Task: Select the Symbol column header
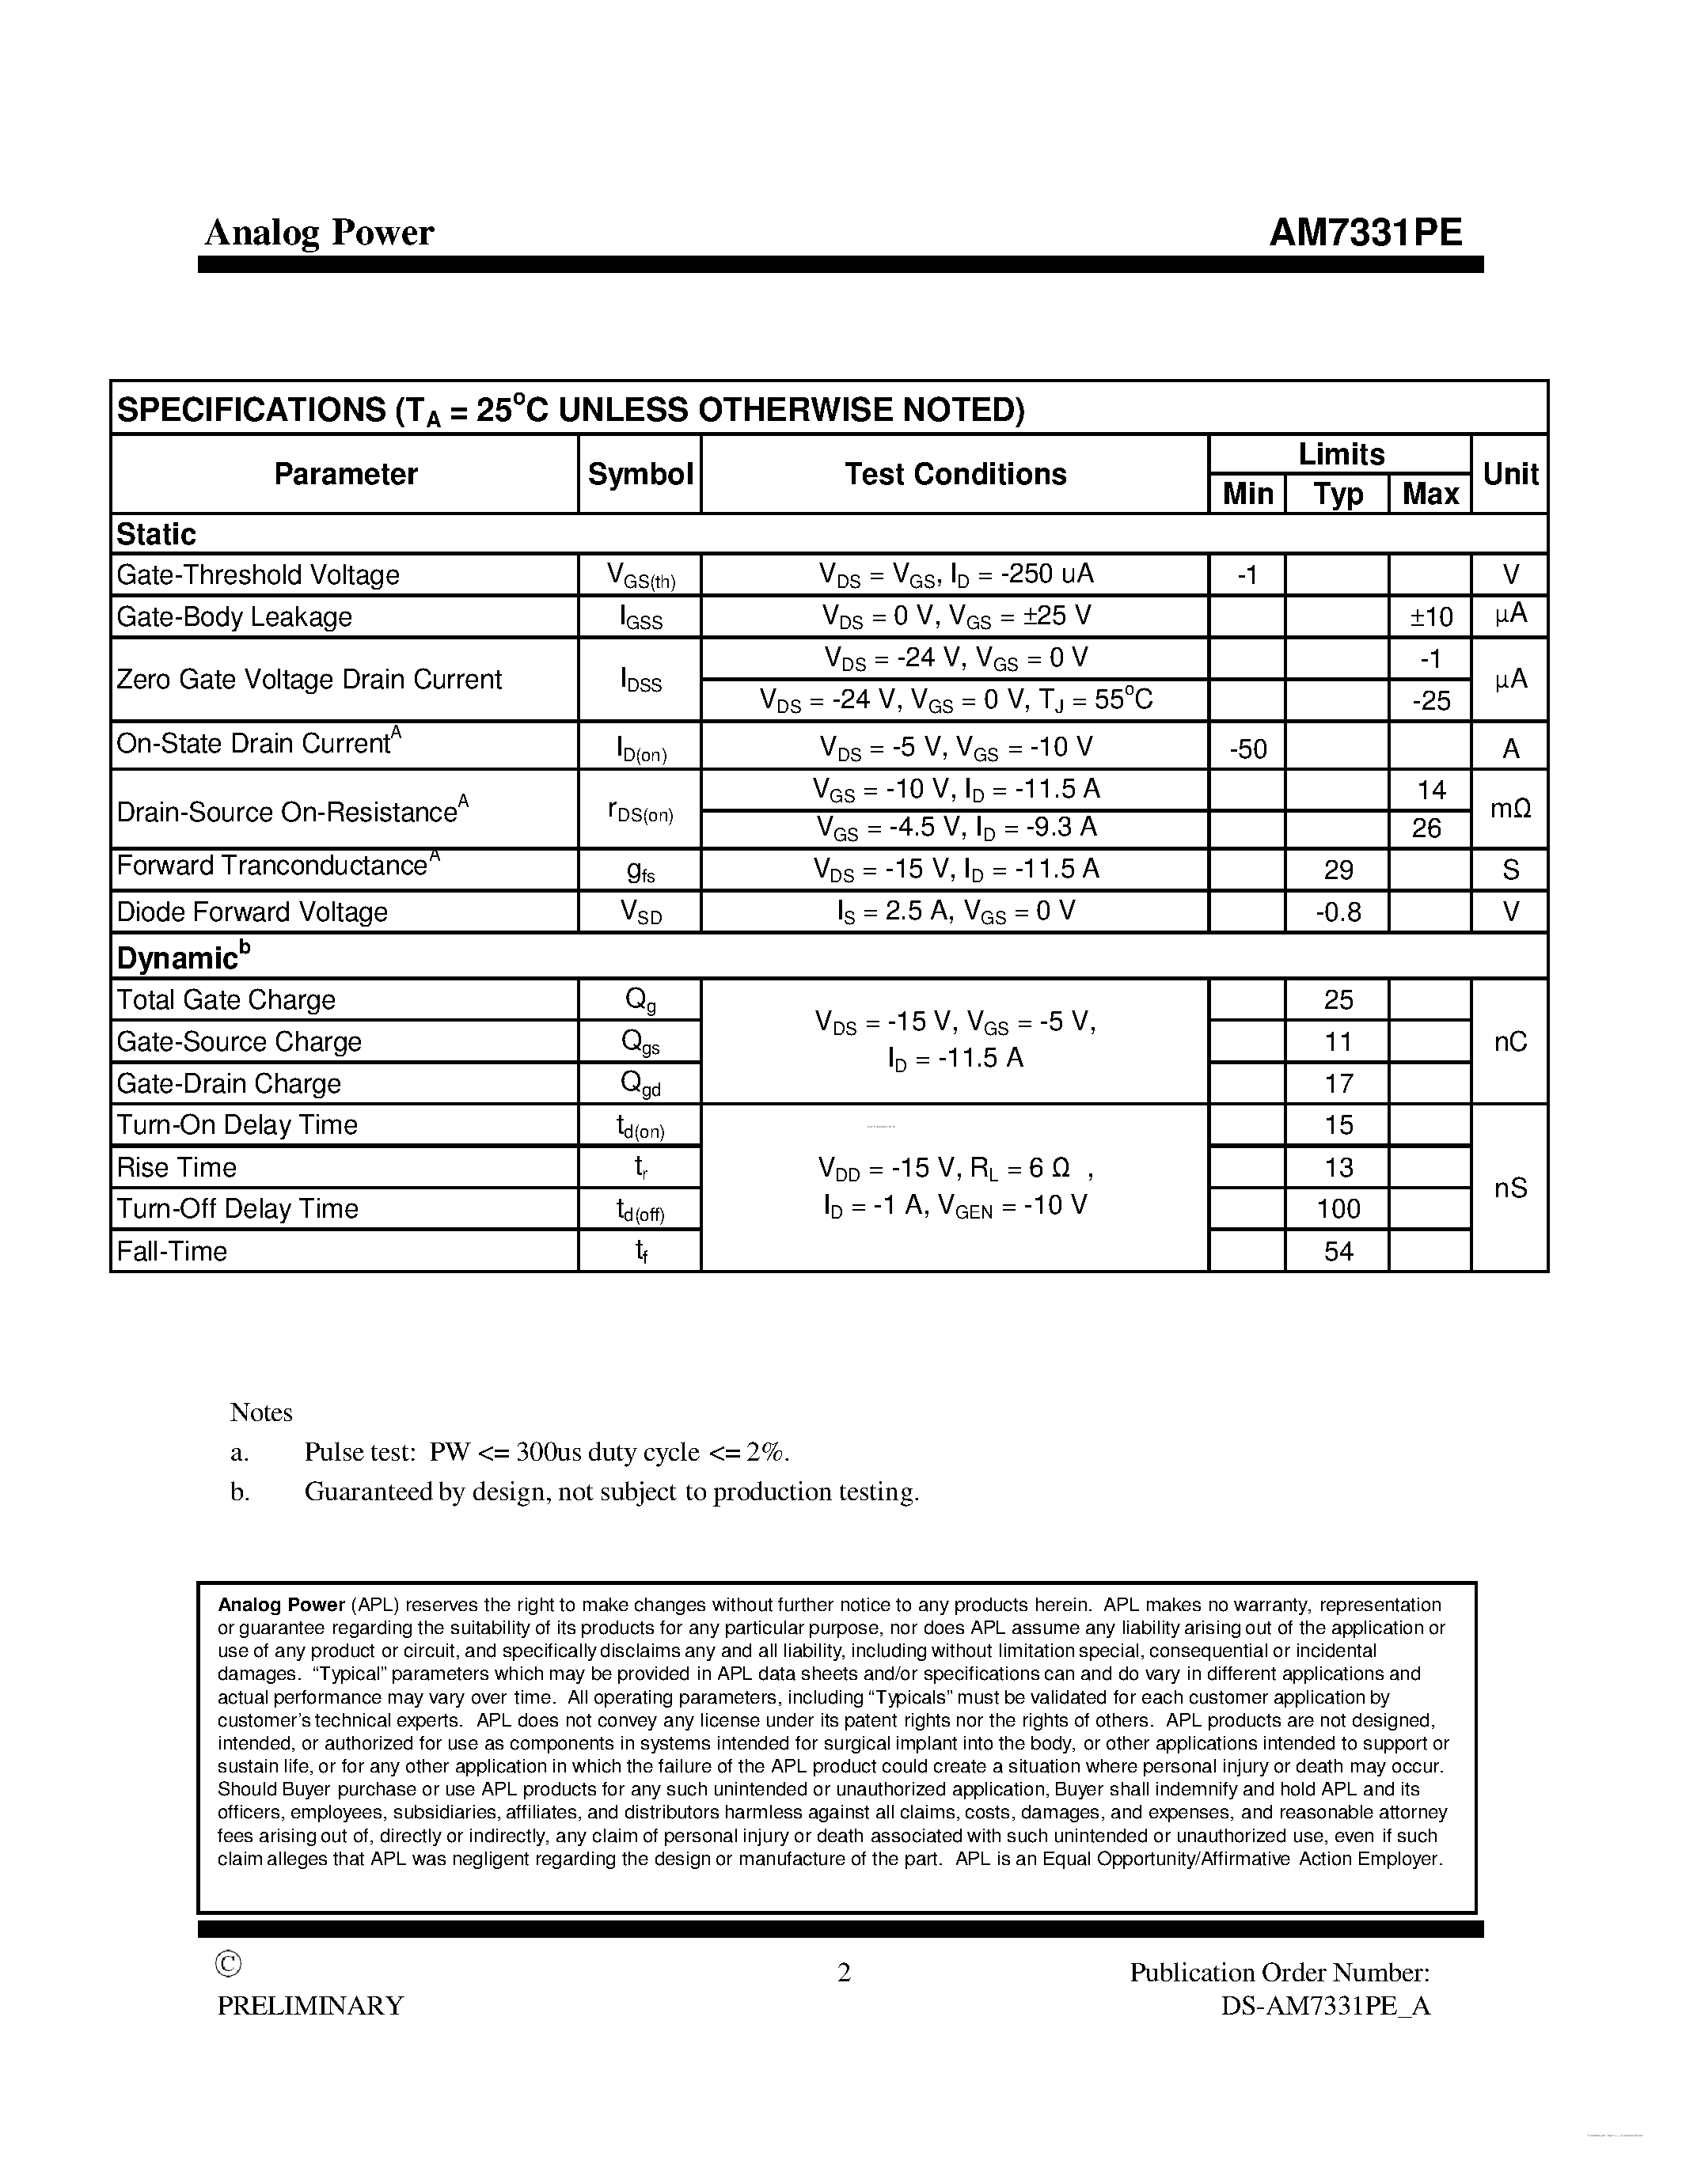point(640,474)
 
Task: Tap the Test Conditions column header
point(955,474)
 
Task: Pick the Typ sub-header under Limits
point(1337,495)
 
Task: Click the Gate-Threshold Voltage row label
point(257,575)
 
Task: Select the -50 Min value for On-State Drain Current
point(1247,749)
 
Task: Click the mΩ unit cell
point(1509,809)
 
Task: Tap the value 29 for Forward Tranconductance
point(1337,870)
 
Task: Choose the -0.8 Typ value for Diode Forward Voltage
point(1337,912)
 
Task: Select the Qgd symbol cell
point(640,1084)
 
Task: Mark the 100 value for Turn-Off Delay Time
point(1337,1208)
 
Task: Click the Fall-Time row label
point(172,1252)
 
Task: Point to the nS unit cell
point(1509,1188)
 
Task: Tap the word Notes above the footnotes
point(261,1412)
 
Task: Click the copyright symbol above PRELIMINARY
point(228,1963)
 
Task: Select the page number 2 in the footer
point(843,1973)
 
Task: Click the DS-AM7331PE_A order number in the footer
point(1325,2006)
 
